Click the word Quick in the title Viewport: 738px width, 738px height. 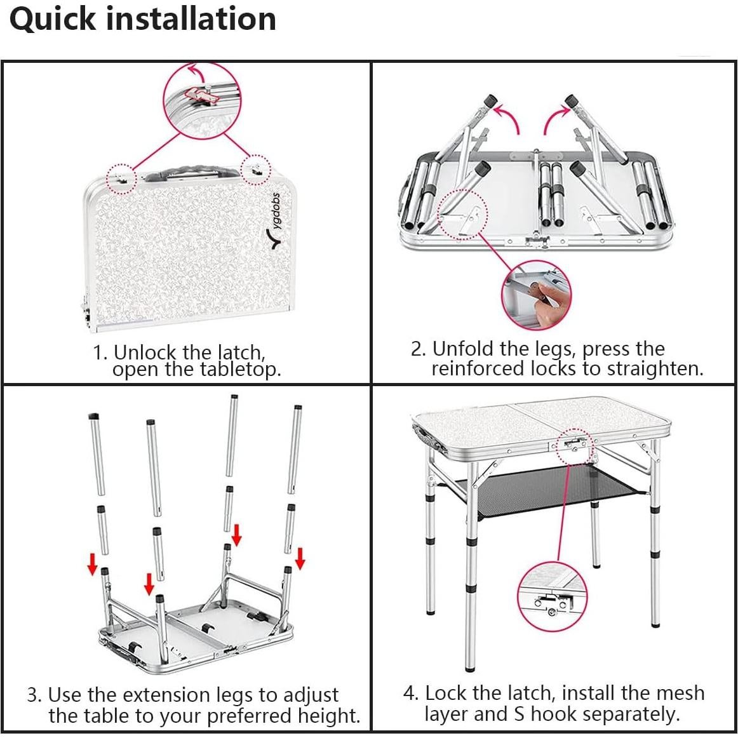click(x=53, y=20)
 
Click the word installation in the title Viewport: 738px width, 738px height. click(x=191, y=19)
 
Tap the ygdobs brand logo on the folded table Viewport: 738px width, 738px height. click(x=278, y=221)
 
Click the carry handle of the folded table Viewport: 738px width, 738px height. click(x=189, y=172)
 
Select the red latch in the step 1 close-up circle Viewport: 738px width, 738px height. click(x=202, y=94)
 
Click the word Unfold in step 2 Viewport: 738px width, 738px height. click(x=464, y=349)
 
